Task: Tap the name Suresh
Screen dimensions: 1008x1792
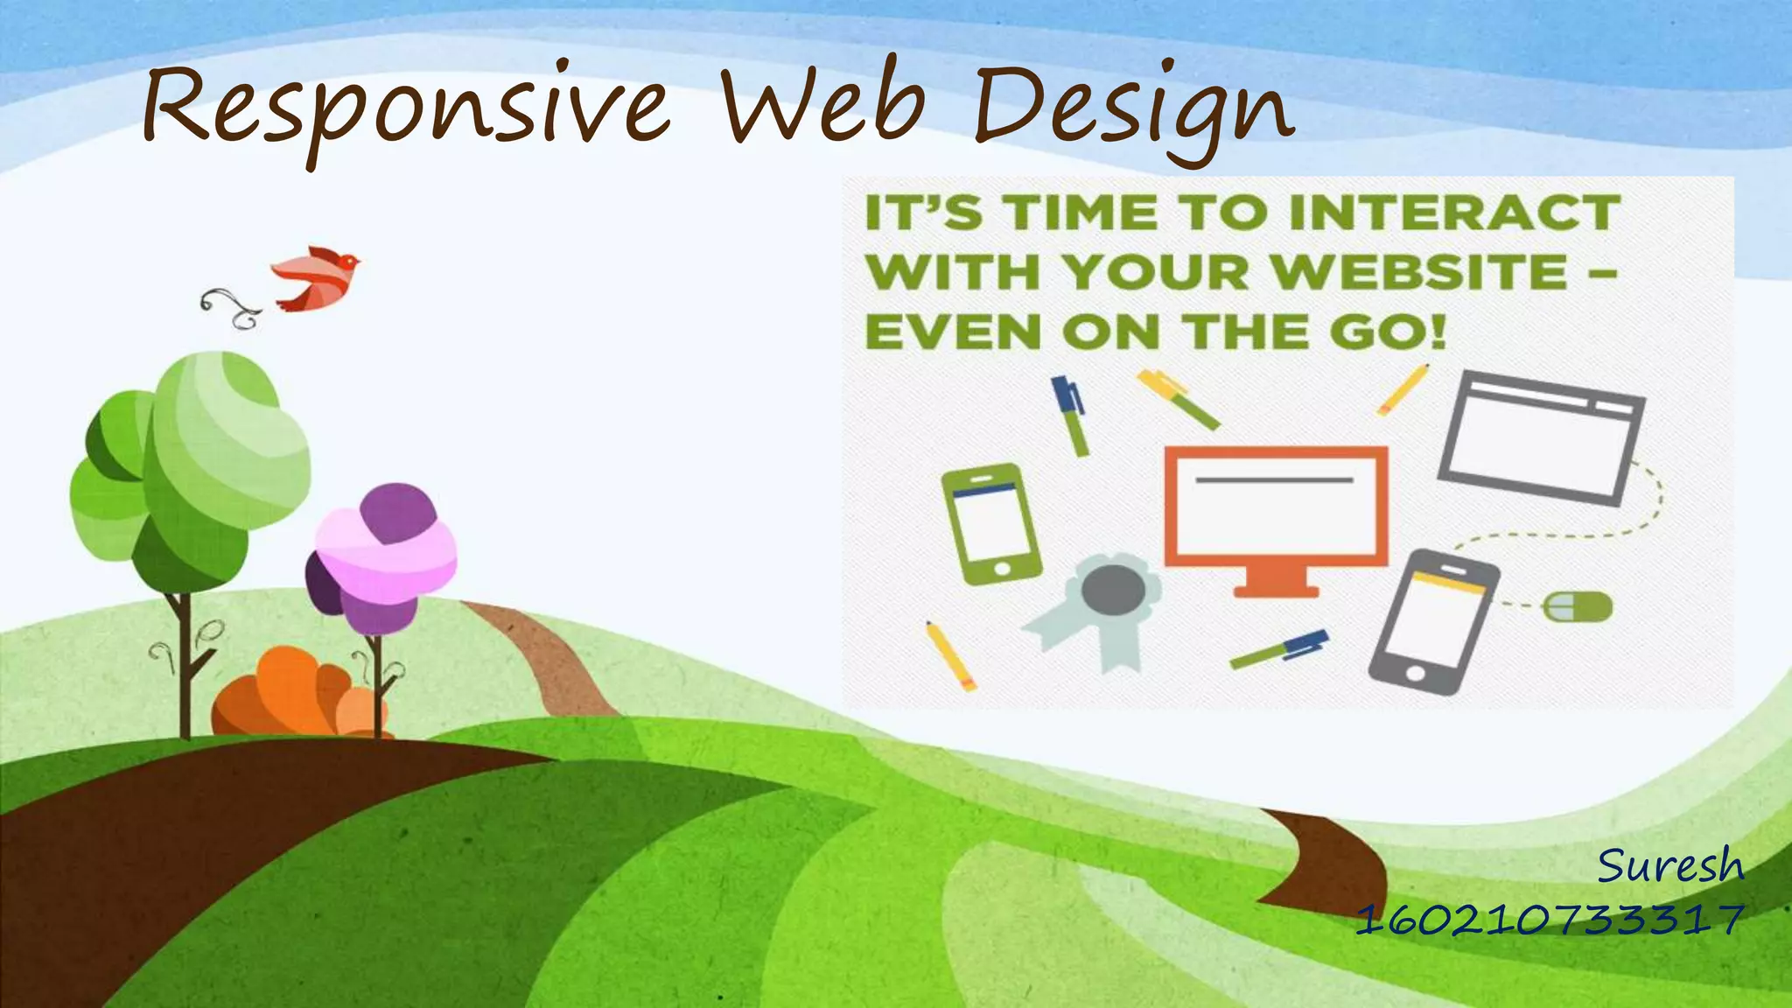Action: [x=1670, y=866]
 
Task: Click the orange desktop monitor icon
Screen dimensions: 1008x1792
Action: [x=1276, y=507]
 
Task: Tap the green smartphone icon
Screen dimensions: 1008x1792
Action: [x=991, y=523]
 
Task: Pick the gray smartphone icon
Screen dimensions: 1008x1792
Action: [x=1432, y=621]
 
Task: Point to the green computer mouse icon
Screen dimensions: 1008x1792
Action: [x=1577, y=606]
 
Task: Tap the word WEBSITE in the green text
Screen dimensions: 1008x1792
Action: [x=1418, y=272]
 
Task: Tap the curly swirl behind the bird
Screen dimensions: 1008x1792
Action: [x=229, y=307]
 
